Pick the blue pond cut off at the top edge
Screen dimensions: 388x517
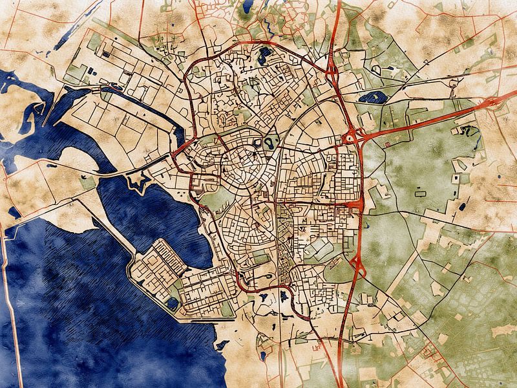point(248,6)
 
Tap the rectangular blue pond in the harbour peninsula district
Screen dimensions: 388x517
point(173,303)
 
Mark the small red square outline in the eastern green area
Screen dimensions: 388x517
point(387,144)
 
